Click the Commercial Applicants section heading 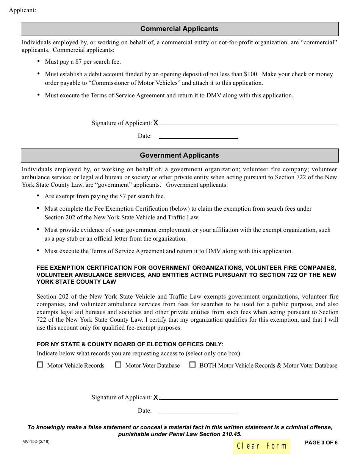click(179, 29)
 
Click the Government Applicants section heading click(179, 155)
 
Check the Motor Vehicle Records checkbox click(40, 365)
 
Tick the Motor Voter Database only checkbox click(118, 365)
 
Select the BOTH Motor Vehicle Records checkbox click(193, 365)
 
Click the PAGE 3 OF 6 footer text click(321, 443)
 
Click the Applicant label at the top click(22, 10)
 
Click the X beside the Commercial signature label click(156, 123)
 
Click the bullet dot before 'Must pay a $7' click(39, 61)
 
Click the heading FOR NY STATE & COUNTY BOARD click(130, 344)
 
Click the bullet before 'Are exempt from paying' click(39, 196)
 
